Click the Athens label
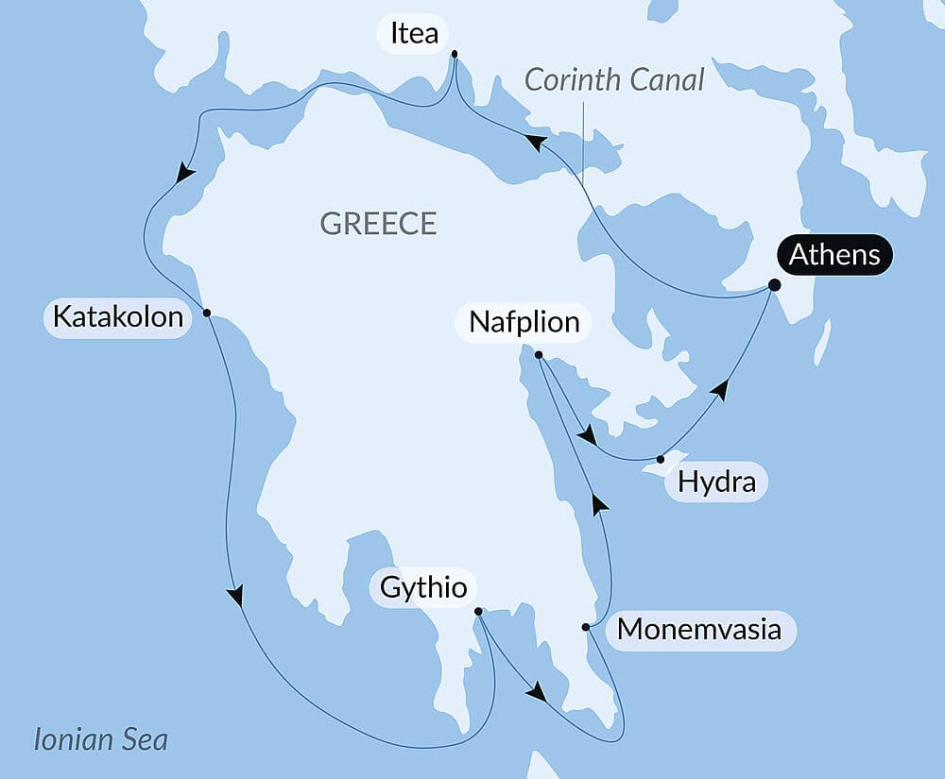click(x=834, y=255)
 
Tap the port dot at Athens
click(x=774, y=284)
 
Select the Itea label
click(x=412, y=34)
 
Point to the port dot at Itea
click(x=455, y=54)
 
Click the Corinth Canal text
click(x=614, y=80)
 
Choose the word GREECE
click(x=378, y=224)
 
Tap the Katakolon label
click(x=117, y=316)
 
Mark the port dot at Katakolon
click(x=206, y=313)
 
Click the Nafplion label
click(x=524, y=322)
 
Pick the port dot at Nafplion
click(x=539, y=355)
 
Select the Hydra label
click(x=717, y=483)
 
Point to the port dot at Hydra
click(x=660, y=460)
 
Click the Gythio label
click(x=422, y=587)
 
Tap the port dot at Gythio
click(x=477, y=611)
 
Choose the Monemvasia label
click(x=698, y=629)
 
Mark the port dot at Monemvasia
click(x=586, y=627)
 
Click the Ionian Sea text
click(x=100, y=738)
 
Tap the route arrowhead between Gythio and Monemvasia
click(x=536, y=692)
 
